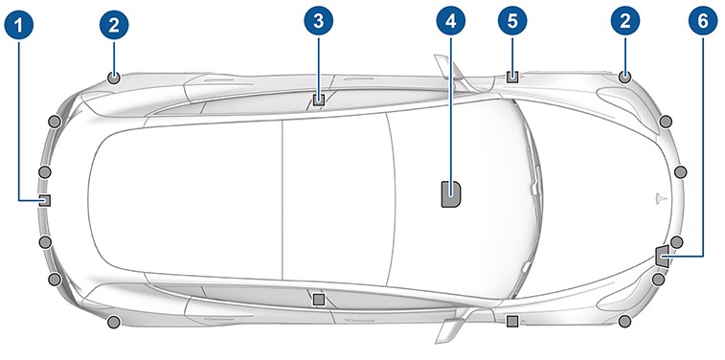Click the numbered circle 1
click(x=19, y=25)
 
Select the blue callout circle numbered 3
click(x=319, y=21)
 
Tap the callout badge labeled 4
click(x=451, y=21)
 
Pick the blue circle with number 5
click(x=512, y=21)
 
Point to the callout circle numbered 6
click(x=703, y=21)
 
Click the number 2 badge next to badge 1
click(x=114, y=25)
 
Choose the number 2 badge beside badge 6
click(x=625, y=21)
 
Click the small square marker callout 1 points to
click(x=44, y=200)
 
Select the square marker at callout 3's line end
click(x=319, y=100)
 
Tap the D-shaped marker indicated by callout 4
click(x=451, y=193)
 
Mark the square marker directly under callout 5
click(x=512, y=77)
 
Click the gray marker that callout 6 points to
click(x=662, y=256)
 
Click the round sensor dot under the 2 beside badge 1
click(x=114, y=79)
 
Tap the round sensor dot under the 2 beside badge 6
click(x=624, y=78)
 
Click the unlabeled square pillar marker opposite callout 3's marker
click(x=319, y=300)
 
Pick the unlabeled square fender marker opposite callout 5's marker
click(x=511, y=321)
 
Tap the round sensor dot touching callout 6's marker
click(x=676, y=241)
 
